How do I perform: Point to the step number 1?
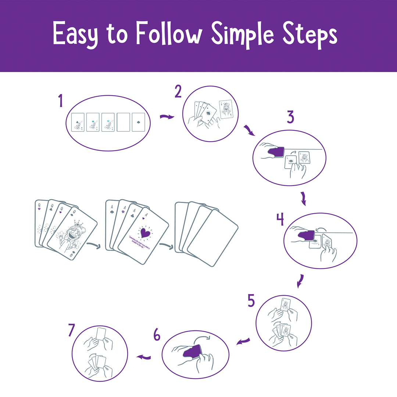pyautogui.click(x=60, y=101)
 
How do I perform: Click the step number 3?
pyautogui.click(x=290, y=117)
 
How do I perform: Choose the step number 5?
pyautogui.click(x=251, y=301)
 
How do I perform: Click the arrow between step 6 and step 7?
pyautogui.click(x=144, y=357)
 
